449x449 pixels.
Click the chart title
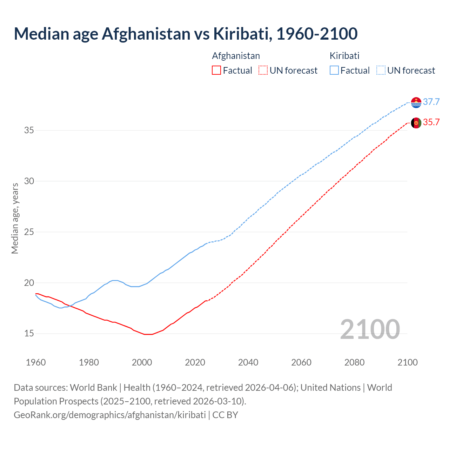[186, 34]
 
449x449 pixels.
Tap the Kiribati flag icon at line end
[416, 102]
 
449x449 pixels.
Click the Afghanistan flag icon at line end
[416, 123]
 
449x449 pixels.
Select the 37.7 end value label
[431, 102]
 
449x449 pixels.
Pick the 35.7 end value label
[431, 122]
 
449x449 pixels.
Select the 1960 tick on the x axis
[36, 362]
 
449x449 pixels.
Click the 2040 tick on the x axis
[248, 362]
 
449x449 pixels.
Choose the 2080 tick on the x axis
[354, 362]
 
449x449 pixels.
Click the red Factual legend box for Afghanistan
[216, 71]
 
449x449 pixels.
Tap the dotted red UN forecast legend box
[263, 71]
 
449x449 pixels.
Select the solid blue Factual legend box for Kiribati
[334, 71]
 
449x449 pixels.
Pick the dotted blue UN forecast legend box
[381, 71]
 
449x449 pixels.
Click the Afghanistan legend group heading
[236, 56]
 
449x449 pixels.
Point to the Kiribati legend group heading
[344, 56]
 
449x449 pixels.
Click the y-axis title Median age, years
[15, 218]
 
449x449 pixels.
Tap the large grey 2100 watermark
[370, 329]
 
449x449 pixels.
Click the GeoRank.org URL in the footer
[110, 415]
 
